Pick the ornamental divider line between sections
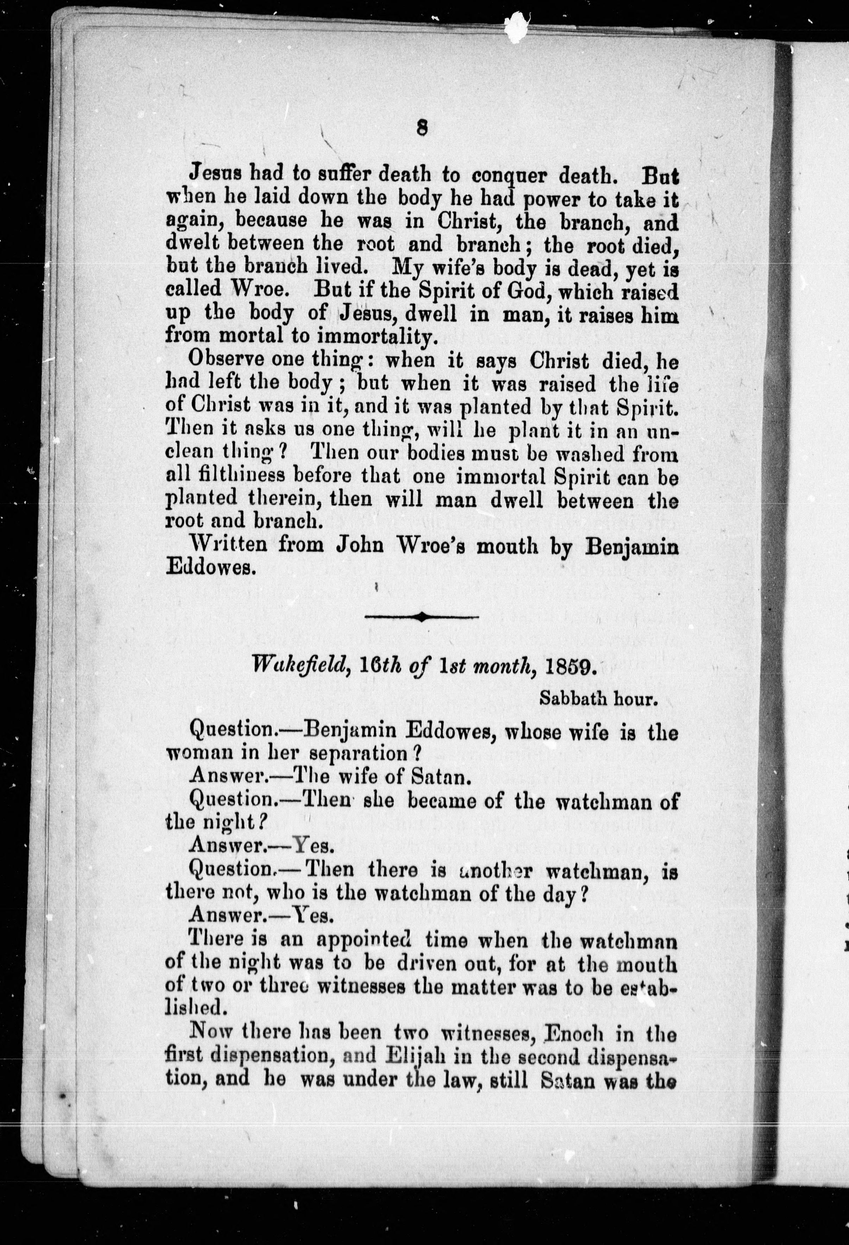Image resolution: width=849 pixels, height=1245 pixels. click(422, 617)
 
